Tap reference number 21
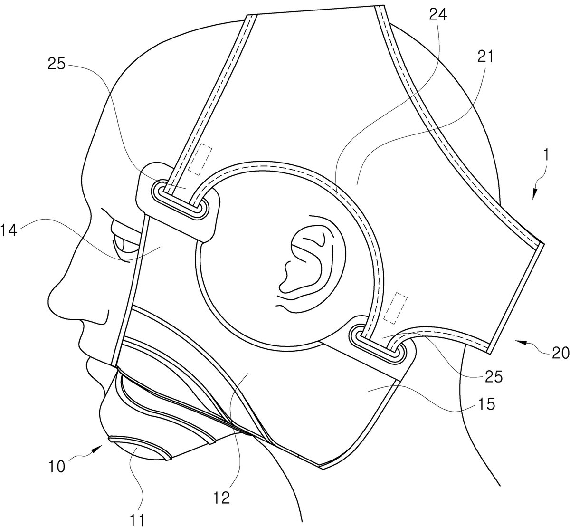[485, 57]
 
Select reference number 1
[546, 155]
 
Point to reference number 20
[560, 352]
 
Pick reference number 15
[486, 404]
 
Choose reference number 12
[221, 498]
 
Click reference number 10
[57, 467]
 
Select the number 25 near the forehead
[57, 64]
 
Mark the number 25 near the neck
[494, 376]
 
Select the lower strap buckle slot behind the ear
[378, 345]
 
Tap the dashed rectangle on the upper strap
[200, 160]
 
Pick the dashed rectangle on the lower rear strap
[396, 308]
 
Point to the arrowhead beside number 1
[535, 194]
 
